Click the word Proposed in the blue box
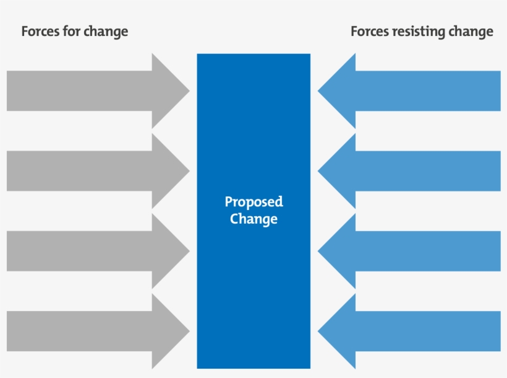point(253,203)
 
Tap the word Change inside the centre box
point(253,219)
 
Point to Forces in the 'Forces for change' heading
point(41,31)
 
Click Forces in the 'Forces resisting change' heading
point(370,31)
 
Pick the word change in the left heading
point(108,31)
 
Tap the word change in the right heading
point(474,31)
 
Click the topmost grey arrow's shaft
point(79,91)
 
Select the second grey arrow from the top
point(87,171)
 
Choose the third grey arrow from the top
point(87,251)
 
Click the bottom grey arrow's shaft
point(79,331)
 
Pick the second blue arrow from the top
point(420,171)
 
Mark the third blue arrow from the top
point(420,251)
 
